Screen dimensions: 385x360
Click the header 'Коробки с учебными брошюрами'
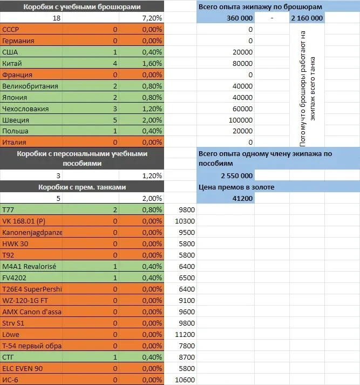[x=82, y=7]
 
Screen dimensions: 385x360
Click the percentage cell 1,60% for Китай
[x=152, y=63]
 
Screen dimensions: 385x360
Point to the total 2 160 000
[x=307, y=18]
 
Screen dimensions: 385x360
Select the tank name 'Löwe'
[x=11, y=334]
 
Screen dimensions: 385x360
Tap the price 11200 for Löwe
[x=185, y=334]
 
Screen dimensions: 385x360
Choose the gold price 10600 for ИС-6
[x=185, y=380]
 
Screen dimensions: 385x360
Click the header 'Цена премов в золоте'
[x=236, y=187]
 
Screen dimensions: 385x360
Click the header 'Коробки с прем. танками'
[x=82, y=187]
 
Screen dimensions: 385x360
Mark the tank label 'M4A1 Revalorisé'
[x=29, y=266]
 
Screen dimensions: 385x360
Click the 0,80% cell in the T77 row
[x=152, y=210]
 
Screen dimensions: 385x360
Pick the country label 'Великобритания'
[x=30, y=86]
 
